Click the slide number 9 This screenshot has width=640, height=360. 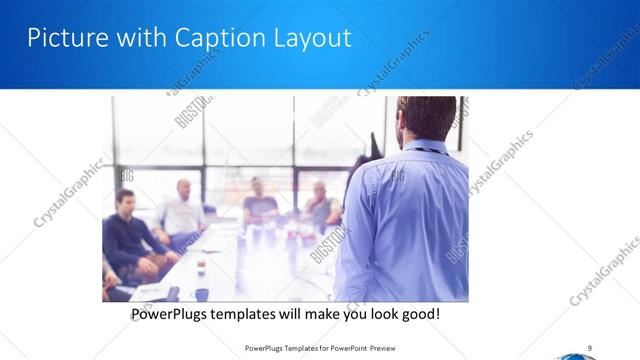pyautogui.click(x=590, y=347)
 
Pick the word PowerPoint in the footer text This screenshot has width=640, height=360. pyautogui.click(x=341, y=348)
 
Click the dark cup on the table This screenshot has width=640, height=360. pyautogui.click(x=201, y=294)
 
